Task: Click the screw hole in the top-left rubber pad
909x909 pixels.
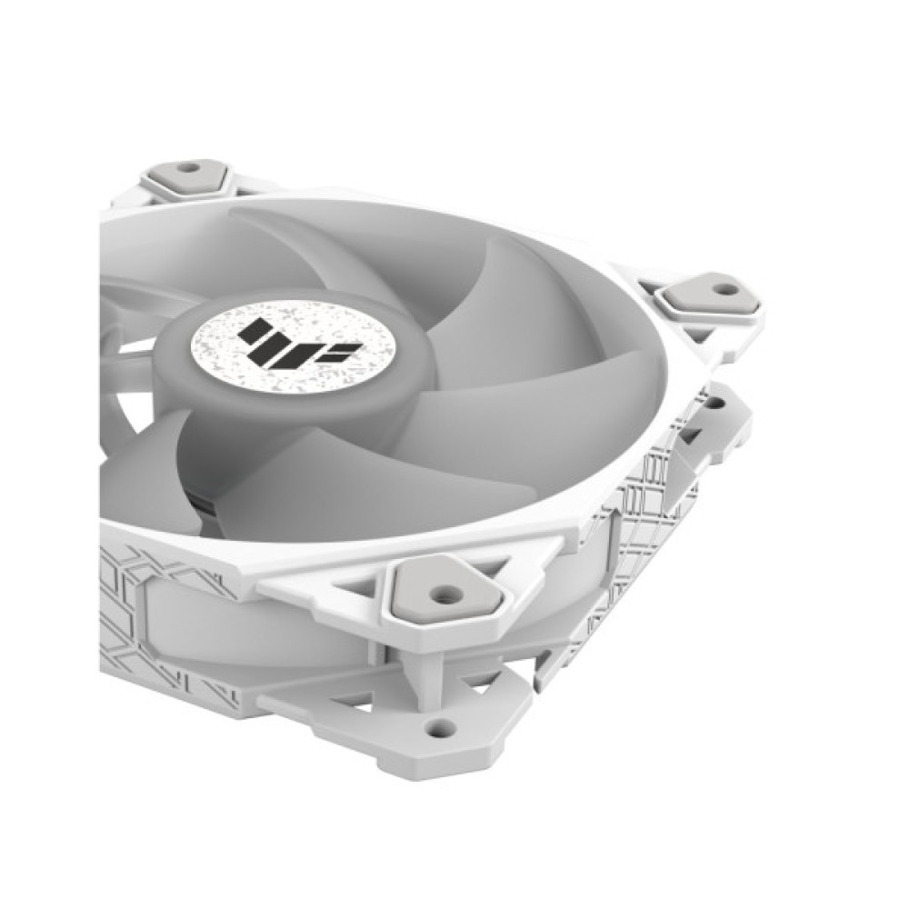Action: [x=188, y=168]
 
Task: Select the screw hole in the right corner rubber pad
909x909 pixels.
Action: [x=725, y=289]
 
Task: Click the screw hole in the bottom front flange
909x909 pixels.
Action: [x=441, y=727]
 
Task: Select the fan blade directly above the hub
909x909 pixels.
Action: [x=300, y=245]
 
